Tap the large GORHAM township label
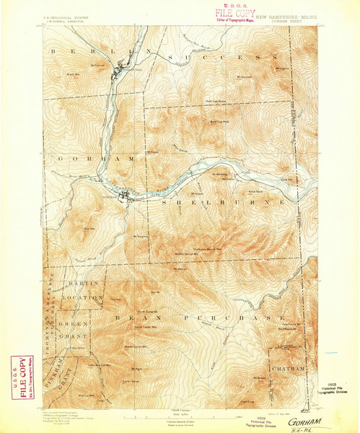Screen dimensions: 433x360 pos(94,157)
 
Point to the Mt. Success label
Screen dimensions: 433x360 pos(245,76)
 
